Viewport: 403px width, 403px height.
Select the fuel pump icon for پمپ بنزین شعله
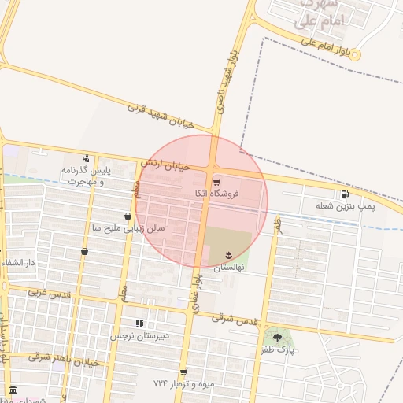point(345,194)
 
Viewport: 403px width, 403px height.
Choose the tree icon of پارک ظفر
point(277,338)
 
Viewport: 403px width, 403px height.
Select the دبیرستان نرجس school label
point(139,335)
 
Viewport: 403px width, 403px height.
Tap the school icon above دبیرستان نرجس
point(139,324)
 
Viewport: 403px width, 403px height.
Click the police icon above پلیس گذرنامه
point(86,158)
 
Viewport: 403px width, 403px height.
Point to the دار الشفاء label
point(20,262)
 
